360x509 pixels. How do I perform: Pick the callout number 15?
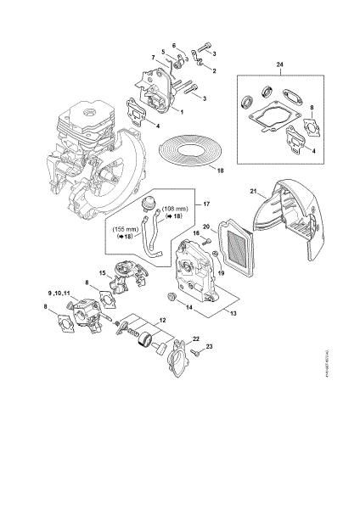click(x=100, y=273)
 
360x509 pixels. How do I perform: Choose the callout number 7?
click(x=154, y=57)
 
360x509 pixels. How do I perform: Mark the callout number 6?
click(x=175, y=46)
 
